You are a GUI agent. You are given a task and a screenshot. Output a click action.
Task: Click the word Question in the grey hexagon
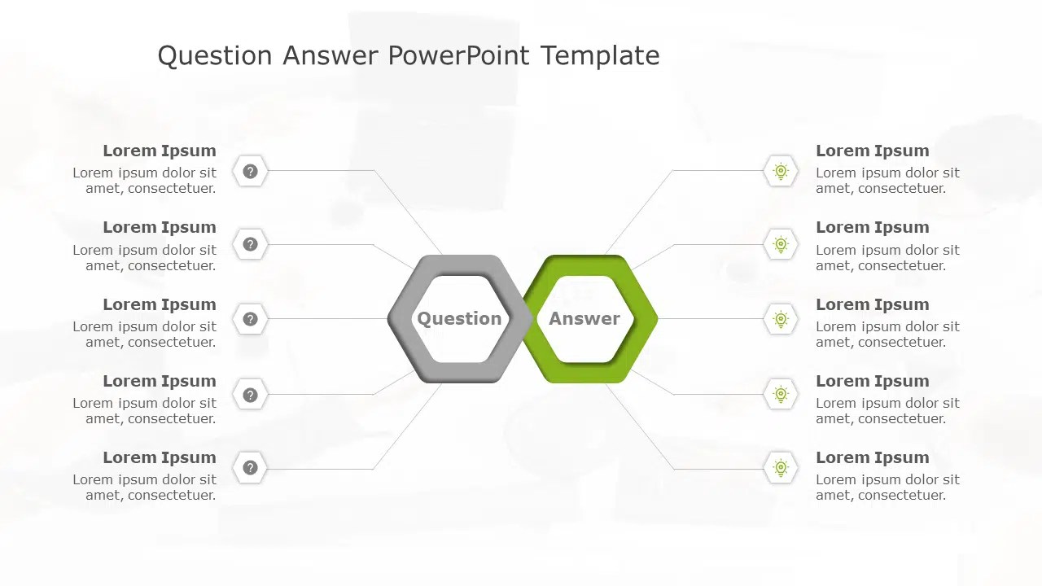(459, 318)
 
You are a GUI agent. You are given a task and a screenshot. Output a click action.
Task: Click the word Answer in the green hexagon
(584, 318)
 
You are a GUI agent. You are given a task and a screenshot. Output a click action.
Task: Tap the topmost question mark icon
(251, 171)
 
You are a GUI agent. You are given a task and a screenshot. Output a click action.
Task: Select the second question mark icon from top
(251, 244)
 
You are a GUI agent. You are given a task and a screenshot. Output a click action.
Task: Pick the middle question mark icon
(251, 319)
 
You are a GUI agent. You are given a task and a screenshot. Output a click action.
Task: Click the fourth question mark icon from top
(251, 395)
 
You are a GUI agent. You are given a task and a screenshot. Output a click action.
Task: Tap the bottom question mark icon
(251, 468)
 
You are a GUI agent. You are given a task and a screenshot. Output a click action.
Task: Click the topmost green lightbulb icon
(781, 171)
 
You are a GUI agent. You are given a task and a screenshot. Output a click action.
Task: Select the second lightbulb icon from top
(781, 244)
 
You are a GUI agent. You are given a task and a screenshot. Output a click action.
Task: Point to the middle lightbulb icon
(781, 319)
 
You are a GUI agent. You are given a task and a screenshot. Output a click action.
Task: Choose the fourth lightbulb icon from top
(781, 395)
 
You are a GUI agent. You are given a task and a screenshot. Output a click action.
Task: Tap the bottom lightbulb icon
(781, 468)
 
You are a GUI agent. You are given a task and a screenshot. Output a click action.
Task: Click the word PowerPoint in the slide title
(459, 55)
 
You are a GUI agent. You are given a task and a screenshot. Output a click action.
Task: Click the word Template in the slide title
(600, 55)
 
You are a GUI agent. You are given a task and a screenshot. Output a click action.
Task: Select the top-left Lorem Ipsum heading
(160, 151)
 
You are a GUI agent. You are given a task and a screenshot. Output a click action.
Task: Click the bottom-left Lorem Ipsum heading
(160, 457)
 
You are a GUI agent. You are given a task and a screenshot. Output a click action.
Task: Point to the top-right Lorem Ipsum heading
(872, 151)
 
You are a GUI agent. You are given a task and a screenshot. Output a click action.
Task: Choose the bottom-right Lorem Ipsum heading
(872, 457)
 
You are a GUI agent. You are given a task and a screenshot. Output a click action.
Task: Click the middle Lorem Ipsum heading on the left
(160, 304)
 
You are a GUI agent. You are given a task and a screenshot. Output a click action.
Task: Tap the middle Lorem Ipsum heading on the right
(872, 304)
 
